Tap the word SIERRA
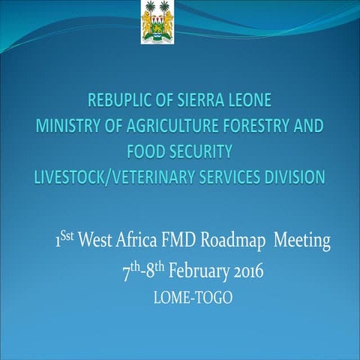click(x=197, y=100)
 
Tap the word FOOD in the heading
click(x=146, y=151)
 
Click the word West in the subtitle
click(x=96, y=241)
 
